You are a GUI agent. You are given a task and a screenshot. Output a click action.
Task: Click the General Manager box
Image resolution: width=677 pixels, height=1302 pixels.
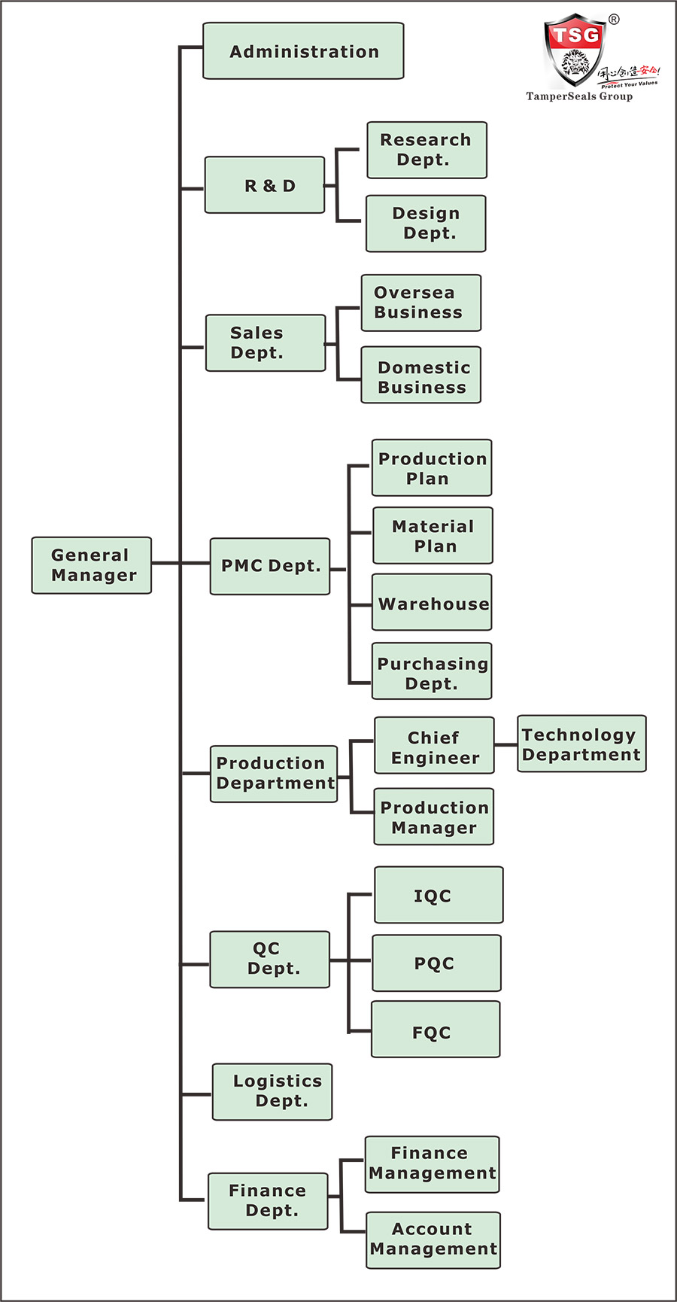pos(91,565)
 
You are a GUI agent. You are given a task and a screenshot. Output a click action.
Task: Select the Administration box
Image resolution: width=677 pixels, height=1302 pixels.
pos(303,51)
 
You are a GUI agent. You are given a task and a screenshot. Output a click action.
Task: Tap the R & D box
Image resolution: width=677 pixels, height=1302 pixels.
pos(265,185)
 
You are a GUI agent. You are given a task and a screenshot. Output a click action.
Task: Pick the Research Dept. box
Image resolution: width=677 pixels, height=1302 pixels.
pos(427,150)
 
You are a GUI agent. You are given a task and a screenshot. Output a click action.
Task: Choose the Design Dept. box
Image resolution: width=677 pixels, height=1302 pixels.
pos(426,224)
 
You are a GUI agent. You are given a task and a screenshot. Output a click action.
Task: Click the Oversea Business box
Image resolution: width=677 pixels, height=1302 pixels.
pos(420,303)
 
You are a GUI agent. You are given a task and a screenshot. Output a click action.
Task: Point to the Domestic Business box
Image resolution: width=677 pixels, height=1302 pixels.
pos(420,375)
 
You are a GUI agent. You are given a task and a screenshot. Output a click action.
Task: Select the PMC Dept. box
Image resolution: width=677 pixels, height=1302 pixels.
pos(270,566)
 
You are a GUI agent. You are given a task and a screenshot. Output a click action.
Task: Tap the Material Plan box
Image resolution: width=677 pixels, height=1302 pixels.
pos(433,535)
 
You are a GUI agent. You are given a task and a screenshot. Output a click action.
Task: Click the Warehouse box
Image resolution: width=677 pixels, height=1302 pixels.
pos(432,602)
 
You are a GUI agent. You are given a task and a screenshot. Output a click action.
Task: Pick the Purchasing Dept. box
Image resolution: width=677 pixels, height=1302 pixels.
pos(432,671)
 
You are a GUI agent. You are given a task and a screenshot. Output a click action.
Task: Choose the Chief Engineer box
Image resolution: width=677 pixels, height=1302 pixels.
pos(434,745)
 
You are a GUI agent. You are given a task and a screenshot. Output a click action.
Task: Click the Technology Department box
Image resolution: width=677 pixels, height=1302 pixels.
pos(581,744)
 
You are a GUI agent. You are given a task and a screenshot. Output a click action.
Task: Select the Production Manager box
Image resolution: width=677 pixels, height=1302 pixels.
pos(434,817)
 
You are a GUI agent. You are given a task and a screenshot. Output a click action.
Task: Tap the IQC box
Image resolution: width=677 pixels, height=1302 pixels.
pos(439,895)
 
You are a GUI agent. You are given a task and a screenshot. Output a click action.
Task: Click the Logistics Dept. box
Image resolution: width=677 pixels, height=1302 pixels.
pos(272,1091)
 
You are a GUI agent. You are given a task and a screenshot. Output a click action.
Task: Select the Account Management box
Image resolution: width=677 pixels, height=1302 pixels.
pos(433,1240)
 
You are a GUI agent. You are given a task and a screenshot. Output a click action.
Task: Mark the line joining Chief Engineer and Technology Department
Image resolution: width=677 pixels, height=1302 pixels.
pos(505,745)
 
